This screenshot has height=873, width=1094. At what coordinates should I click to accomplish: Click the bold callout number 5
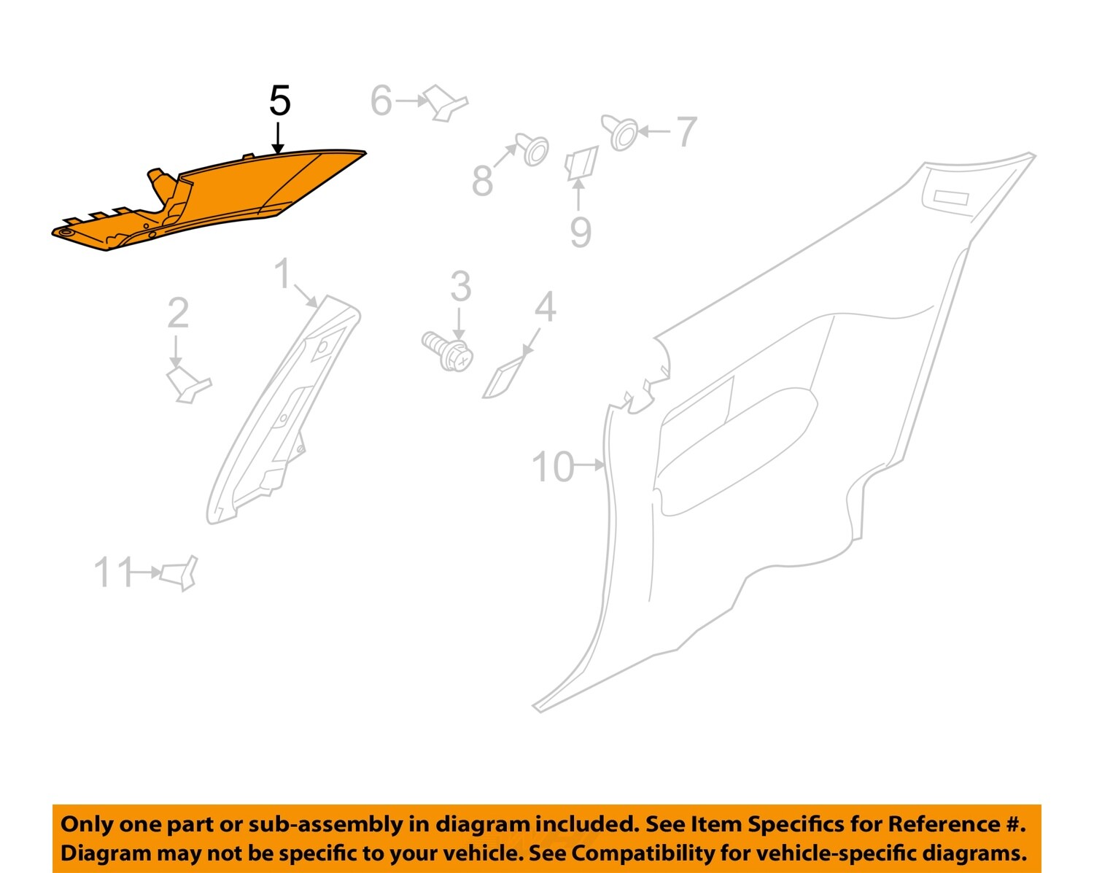pyautogui.click(x=279, y=101)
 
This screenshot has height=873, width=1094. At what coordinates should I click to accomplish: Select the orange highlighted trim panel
pyautogui.click(x=219, y=197)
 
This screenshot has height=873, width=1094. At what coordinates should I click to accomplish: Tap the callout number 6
pyautogui.click(x=381, y=101)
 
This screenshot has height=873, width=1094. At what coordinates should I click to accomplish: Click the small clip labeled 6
pyautogui.click(x=446, y=103)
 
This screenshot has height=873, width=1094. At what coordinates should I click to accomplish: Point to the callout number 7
pyautogui.click(x=686, y=132)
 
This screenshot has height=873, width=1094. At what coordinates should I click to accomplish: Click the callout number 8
pyautogui.click(x=482, y=180)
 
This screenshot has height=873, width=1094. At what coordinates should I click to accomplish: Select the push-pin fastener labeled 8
pyautogui.click(x=534, y=150)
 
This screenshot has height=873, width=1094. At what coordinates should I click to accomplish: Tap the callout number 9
pyautogui.click(x=580, y=232)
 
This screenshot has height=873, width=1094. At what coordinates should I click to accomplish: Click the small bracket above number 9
pyautogui.click(x=582, y=163)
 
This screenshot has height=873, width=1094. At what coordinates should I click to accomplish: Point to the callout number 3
pyautogui.click(x=460, y=286)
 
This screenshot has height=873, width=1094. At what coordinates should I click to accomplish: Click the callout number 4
pyautogui.click(x=545, y=307)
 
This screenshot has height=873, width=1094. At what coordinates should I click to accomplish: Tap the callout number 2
pyautogui.click(x=177, y=313)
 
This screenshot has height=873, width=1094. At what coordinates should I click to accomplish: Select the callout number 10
pyautogui.click(x=553, y=467)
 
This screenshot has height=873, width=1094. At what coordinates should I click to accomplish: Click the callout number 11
pyautogui.click(x=114, y=573)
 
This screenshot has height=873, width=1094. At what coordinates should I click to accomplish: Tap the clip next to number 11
pyautogui.click(x=179, y=573)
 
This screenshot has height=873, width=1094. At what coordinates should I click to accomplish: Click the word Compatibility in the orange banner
pyautogui.click(x=643, y=853)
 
